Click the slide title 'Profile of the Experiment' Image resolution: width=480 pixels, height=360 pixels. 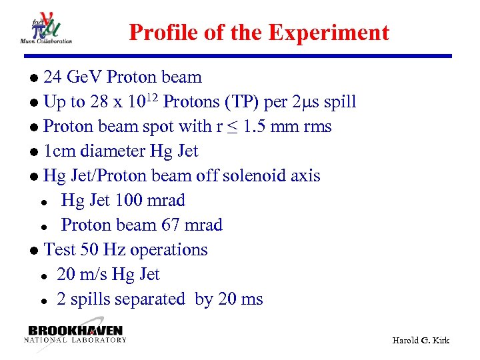click(x=259, y=32)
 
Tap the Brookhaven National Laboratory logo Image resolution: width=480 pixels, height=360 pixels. click(x=75, y=334)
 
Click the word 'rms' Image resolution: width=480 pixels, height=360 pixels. click(x=317, y=127)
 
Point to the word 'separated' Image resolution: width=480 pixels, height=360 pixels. click(x=152, y=299)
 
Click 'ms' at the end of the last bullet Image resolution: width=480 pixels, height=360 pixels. click(x=252, y=299)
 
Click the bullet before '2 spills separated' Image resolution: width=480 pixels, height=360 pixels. click(x=42, y=301)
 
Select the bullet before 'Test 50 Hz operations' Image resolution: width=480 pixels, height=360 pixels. click(x=34, y=251)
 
